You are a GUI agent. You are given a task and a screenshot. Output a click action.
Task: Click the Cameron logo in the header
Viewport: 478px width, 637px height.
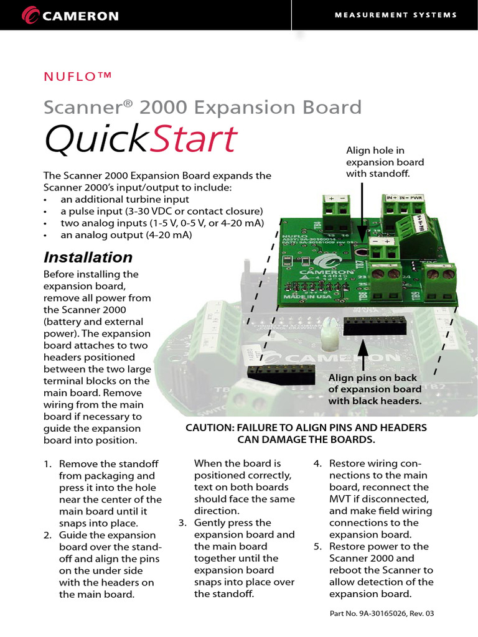coord(70,16)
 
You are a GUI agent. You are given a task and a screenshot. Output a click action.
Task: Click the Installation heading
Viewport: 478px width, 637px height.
coord(88,258)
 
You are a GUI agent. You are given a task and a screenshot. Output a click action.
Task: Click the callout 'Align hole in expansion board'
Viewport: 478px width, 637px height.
coord(384,162)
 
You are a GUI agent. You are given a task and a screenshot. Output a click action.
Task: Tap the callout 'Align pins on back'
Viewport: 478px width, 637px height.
coord(373,389)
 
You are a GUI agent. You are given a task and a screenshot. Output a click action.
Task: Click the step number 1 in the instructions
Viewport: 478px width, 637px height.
coord(47,464)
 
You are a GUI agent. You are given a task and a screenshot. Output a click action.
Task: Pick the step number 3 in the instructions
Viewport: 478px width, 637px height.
coord(182,523)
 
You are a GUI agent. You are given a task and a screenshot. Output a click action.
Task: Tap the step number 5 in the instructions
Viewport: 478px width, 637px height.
coord(317,547)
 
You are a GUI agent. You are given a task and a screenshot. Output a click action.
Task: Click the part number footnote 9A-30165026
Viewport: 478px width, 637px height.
coord(381,614)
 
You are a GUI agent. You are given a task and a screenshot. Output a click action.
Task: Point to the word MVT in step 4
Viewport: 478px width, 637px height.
coord(340,500)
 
